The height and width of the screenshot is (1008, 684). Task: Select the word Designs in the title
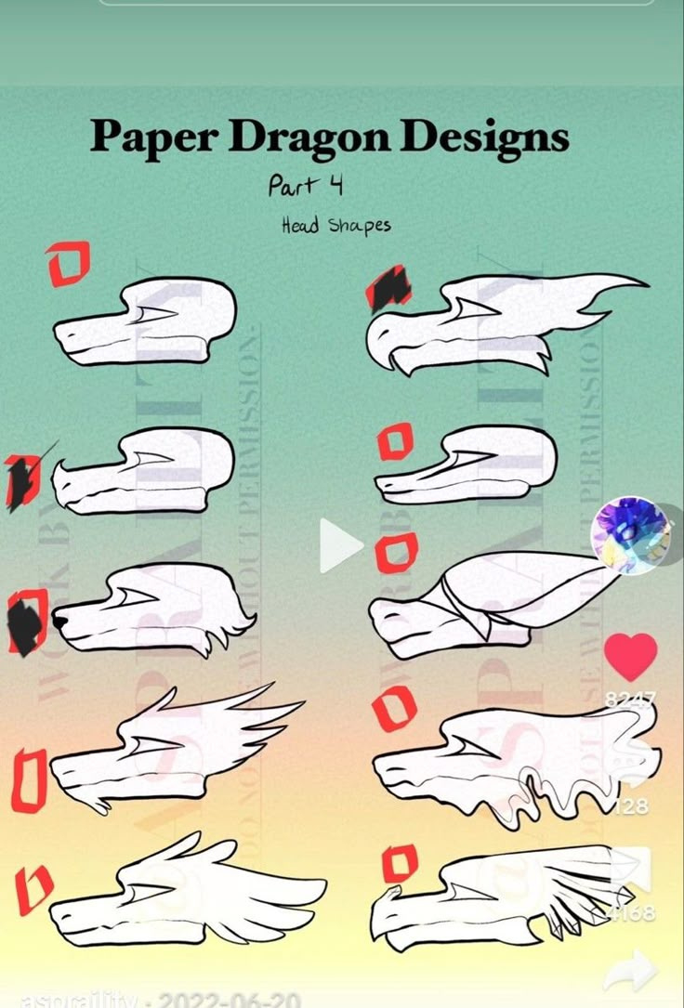tap(483, 137)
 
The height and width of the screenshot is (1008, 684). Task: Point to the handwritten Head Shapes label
tap(335, 225)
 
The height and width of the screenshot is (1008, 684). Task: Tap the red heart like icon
tap(630, 656)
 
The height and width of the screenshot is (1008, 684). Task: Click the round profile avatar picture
tap(632, 535)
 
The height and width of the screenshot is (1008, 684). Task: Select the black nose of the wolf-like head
tap(59, 620)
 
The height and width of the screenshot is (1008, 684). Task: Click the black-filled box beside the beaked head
tap(389, 288)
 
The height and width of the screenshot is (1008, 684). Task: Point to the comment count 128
tap(632, 806)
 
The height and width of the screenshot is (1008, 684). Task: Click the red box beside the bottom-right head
tap(400, 863)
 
